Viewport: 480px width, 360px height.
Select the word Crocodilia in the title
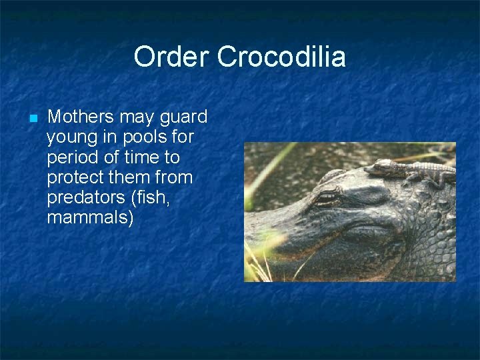pyautogui.click(x=281, y=57)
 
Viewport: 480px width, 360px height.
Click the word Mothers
pyautogui.click(x=81, y=117)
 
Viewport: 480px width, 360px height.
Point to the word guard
pyautogui.click(x=183, y=117)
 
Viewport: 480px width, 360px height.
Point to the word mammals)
pyautogui.click(x=91, y=218)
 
